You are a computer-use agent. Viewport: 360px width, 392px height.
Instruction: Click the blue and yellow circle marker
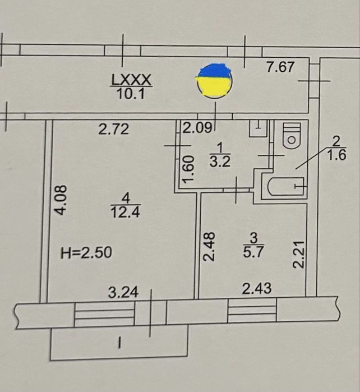[x=214, y=81]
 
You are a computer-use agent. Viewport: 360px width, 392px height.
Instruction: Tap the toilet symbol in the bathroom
[x=292, y=136]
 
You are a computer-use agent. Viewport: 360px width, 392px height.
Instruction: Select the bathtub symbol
[x=286, y=186]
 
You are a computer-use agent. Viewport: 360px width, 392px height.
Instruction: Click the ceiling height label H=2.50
[x=86, y=252]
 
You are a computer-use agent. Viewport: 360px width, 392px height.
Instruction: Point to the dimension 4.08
[x=61, y=200]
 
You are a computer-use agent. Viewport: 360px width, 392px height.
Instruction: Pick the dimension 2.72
[x=114, y=129]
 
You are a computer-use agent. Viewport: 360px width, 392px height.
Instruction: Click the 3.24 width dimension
[x=123, y=292]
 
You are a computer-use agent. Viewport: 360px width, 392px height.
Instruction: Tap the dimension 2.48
[x=209, y=247]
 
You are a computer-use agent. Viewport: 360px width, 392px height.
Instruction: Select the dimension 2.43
[x=257, y=288]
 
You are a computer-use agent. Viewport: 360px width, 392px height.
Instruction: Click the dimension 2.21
[x=299, y=255]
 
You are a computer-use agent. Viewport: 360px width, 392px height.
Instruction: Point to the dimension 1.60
[x=188, y=169]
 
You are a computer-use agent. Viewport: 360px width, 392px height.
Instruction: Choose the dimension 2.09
[x=197, y=128]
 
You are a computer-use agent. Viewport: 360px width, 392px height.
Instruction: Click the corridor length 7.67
[x=280, y=67]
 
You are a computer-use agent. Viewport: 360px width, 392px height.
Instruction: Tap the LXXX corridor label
[x=131, y=80]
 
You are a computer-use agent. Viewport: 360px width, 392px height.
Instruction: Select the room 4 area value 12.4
[x=125, y=212]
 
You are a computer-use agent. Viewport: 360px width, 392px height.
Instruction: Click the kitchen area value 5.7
[x=253, y=252]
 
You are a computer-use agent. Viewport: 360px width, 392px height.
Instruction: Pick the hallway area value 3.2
[x=220, y=162]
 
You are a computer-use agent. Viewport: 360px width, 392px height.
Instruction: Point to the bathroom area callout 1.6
[x=337, y=155]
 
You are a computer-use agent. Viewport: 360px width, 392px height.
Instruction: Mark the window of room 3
[x=252, y=311]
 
